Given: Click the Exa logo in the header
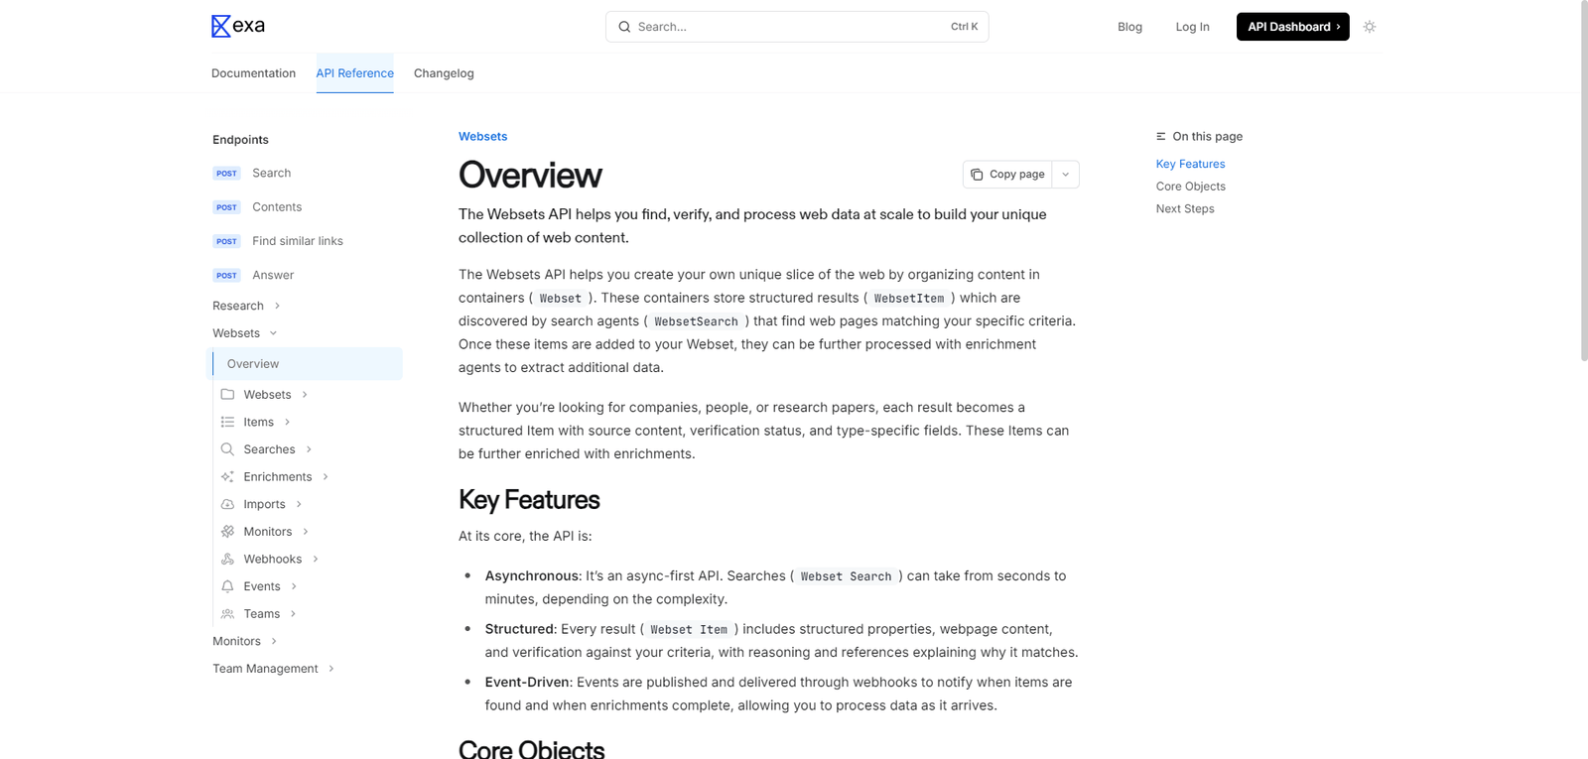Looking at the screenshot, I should [x=238, y=26].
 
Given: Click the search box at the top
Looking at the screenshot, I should [x=796, y=27].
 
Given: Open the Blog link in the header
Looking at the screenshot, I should [x=1129, y=27].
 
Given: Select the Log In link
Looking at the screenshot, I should [x=1192, y=27].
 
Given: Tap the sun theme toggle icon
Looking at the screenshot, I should [x=1370, y=27].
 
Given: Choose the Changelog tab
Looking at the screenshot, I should [x=444, y=73].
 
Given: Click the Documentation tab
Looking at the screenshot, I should [x=253, y=73].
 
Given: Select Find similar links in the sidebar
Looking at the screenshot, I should [x=297, y=241].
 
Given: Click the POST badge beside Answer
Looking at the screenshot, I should [x=226, y=276].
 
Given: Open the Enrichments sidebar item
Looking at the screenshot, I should [x=278, y=477].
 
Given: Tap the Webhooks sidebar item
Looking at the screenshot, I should [x=272, y=560].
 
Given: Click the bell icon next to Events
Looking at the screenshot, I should [x=227, y=586].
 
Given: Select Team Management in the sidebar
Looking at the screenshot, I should [x=265, y=669].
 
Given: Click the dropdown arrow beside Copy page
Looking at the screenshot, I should [x=1066, y=175].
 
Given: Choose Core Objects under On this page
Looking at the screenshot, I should [x=1190, y=187].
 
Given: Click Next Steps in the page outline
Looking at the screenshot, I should [x=1185, y=209].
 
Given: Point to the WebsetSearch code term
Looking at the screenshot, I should [x=696, y=321].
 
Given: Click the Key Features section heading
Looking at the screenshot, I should [x=529, y=500].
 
